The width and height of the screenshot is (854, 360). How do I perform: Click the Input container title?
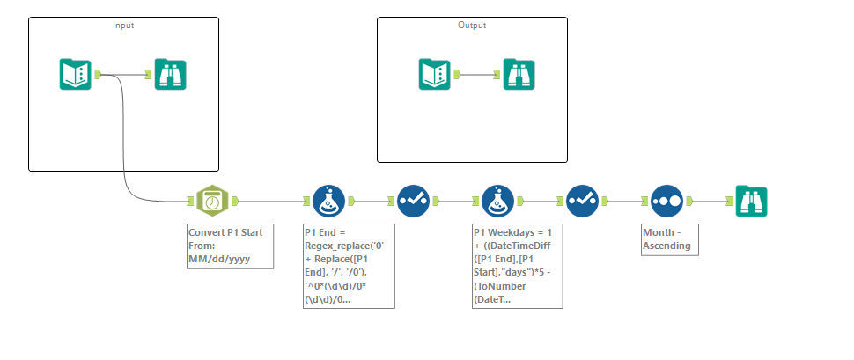(123, 25)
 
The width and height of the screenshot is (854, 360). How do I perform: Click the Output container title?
(472, 25)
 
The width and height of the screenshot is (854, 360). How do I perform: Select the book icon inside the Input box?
(75, 74)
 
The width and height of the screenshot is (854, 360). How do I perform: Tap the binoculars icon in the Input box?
(170, 74)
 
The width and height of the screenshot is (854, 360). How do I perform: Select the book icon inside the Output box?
(434, 74)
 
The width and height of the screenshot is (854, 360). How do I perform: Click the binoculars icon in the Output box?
(519, 74)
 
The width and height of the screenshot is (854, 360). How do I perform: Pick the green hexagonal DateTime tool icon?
(212, 201)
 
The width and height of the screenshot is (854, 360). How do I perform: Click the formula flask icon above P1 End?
(329, 201)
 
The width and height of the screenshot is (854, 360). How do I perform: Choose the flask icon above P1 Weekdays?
(499, 201)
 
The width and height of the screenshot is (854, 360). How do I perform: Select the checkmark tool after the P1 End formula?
(413, 201)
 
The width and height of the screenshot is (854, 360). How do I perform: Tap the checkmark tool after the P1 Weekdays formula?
(583, 201)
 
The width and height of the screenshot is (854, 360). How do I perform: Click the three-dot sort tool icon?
(666, 201)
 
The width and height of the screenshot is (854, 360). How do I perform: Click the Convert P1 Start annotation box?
(224, 246)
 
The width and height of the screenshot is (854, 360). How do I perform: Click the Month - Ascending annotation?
(670, 239)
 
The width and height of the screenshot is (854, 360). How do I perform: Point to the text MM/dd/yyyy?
(219, 260)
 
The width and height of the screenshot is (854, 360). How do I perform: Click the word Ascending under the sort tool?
(670, 246)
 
